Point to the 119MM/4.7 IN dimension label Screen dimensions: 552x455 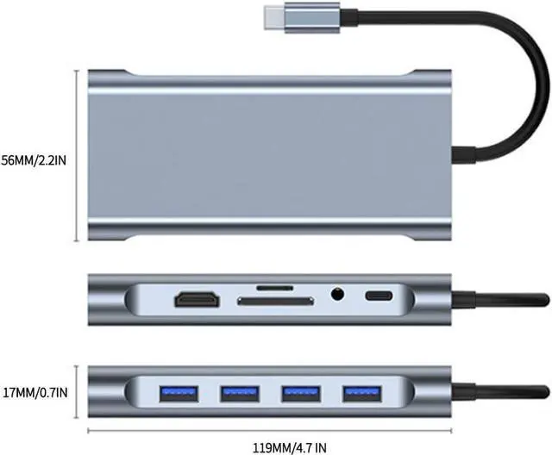[278, 446]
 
